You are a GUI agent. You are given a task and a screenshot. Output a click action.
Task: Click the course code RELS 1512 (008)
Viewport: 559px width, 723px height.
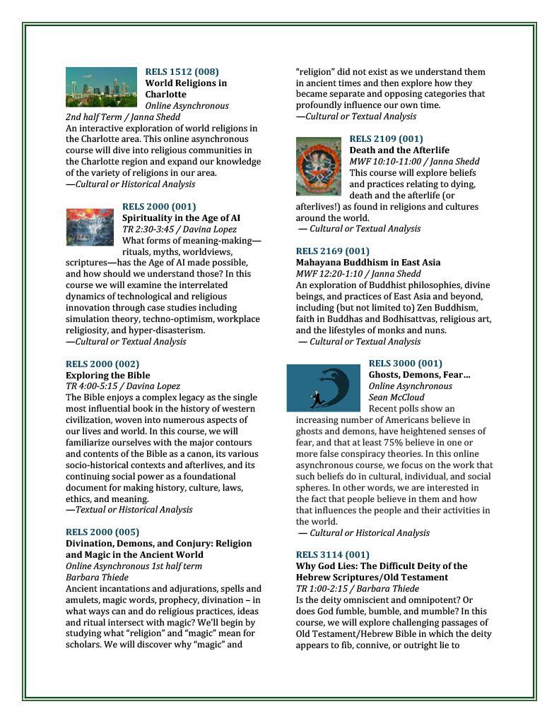182,71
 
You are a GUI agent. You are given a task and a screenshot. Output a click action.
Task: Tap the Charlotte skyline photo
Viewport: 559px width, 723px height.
101,87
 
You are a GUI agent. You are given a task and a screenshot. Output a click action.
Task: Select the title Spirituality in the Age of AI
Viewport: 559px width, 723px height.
181,218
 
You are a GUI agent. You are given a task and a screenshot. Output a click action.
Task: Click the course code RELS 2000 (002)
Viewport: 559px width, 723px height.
102,364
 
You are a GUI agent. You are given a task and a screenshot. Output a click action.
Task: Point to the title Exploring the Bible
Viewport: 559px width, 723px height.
107,375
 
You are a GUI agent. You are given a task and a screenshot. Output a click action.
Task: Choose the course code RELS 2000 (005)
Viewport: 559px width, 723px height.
102,532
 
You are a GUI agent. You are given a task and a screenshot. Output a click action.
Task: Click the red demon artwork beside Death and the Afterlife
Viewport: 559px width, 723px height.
318,167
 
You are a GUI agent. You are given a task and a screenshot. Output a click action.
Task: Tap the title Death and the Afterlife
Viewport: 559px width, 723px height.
399,150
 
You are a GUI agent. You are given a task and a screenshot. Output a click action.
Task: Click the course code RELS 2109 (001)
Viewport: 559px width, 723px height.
386,138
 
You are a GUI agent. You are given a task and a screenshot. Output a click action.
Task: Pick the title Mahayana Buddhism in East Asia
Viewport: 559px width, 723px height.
367,262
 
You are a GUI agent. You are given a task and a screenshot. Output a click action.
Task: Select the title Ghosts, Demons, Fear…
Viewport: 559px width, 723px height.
419,375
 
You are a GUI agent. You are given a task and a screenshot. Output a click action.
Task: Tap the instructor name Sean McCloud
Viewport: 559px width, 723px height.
396,398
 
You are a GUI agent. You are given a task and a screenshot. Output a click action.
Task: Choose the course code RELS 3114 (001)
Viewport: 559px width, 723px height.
332,554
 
